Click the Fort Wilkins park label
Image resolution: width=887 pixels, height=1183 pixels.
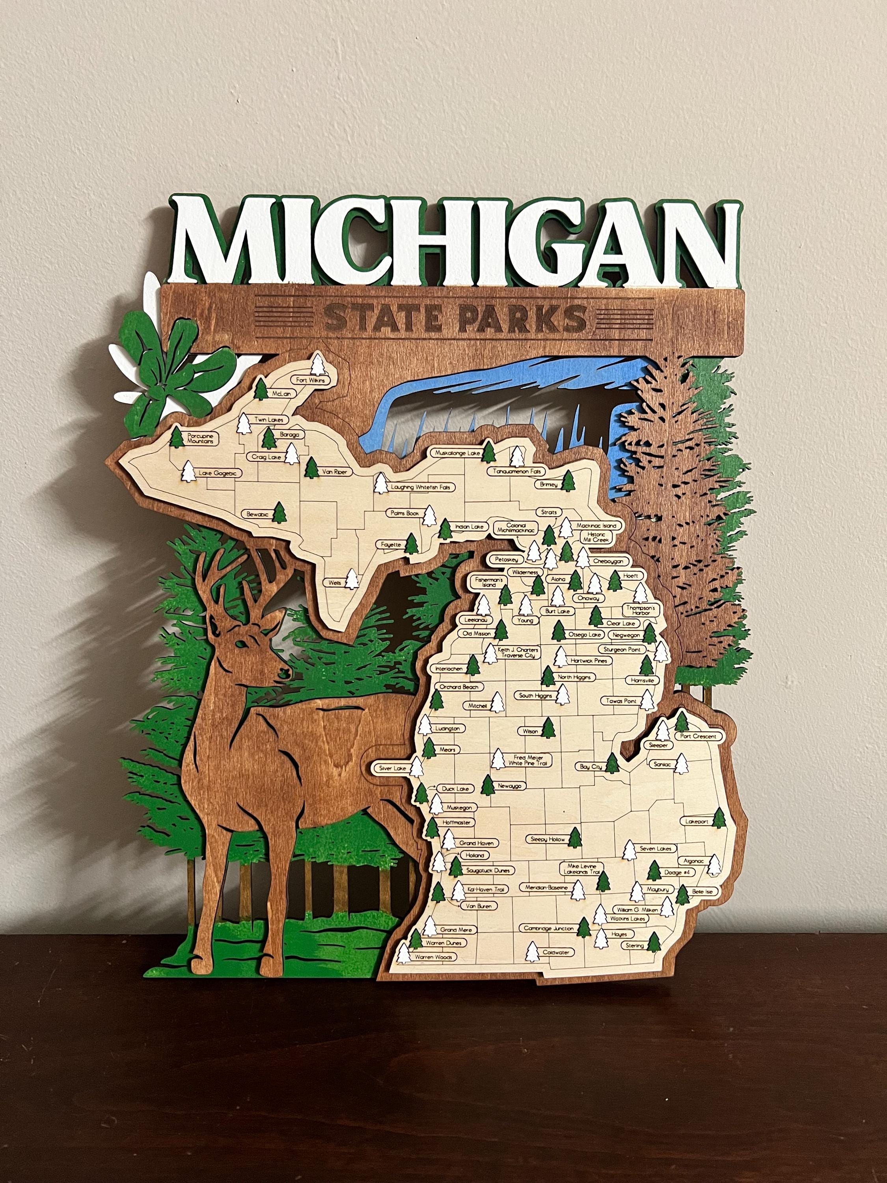tap(310, 380)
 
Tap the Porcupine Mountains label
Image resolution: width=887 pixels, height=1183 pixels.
tap(201, 439)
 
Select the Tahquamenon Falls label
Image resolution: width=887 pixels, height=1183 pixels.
tap(516, 471)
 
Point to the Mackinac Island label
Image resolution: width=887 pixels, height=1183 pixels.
tap(596, 526)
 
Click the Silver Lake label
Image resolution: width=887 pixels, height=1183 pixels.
tap(392, 768)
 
